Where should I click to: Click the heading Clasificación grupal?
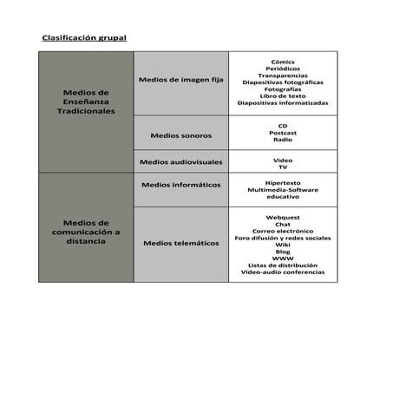click(x=83, y=38)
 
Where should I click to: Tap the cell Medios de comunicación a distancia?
click(x=86, y=232)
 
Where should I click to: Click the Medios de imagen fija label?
click(x=181, y=80)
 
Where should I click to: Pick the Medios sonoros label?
click(x=180, y=135)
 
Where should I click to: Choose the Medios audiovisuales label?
click(x=180, y=162)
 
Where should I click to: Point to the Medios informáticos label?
click(x=180, y=185)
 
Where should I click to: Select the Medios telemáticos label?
click(x=180, y=243)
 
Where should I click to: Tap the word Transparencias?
click(x=283, y=75)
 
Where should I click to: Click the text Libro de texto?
click(x=283, y=95)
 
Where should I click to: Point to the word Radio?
click(x=283, y=140)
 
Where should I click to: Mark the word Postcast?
click(x=283, y=133)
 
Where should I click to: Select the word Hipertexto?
click(x=283, y=182)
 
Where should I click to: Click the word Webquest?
click(x=283, y=217)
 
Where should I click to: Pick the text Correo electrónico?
click(x=283, y=231)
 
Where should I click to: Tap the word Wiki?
click(x=283, y=245)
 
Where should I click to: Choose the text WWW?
click(x=283, y=259)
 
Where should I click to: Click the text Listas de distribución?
click(x=283, y=265)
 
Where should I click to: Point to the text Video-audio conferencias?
click(x=283, y=272)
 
